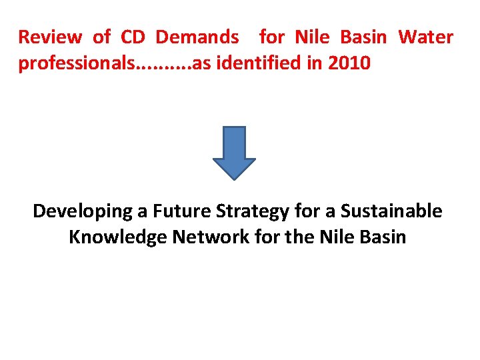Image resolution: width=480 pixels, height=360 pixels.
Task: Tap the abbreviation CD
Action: click(x=133, y=37)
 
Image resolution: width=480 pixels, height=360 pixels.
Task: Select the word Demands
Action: click(x=197, y=37)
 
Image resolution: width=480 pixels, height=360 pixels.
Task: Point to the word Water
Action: click(x=425, y=37)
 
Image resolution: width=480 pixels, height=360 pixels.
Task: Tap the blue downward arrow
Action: click(x=234, y=153)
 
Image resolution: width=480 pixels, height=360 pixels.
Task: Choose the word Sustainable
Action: click(x=391, y=211)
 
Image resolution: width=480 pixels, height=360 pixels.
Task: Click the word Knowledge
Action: click(x=118, y=237)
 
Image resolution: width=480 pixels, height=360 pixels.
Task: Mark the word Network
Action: click(x=210, y=237)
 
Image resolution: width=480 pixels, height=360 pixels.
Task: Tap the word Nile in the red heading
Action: click(x=312, y=37)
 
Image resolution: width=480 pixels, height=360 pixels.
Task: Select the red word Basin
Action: click(x=364, y=37)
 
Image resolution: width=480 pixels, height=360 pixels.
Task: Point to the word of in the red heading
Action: click(x=101, y=37)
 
